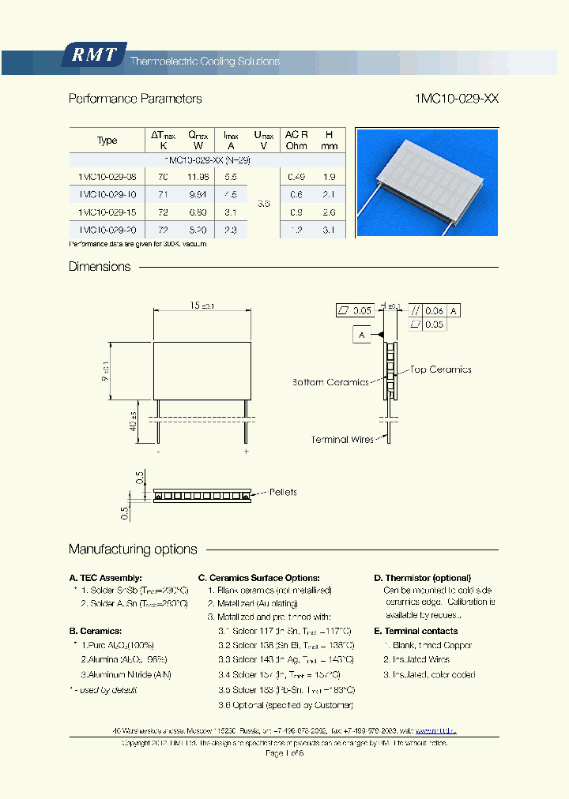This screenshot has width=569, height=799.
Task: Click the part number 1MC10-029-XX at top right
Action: (456, 99)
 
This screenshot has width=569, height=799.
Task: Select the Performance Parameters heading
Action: (135, 99)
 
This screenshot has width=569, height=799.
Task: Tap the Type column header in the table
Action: (107, 141)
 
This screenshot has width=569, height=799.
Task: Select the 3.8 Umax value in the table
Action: (263, 203)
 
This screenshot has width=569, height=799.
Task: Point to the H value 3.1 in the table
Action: (330, 230)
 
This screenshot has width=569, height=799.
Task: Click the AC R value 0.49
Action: (296, 177)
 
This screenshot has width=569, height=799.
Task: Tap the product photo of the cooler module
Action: (427, 182)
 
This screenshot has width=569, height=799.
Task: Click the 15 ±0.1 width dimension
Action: (202, 306)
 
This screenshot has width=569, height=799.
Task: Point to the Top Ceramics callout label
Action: (440, 369)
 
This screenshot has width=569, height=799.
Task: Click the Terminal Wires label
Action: (342, 439)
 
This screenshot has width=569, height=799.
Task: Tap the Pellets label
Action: (283, 492)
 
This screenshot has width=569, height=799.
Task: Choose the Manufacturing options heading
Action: (133, 549)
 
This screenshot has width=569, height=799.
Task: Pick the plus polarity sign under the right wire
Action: (247, 452)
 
